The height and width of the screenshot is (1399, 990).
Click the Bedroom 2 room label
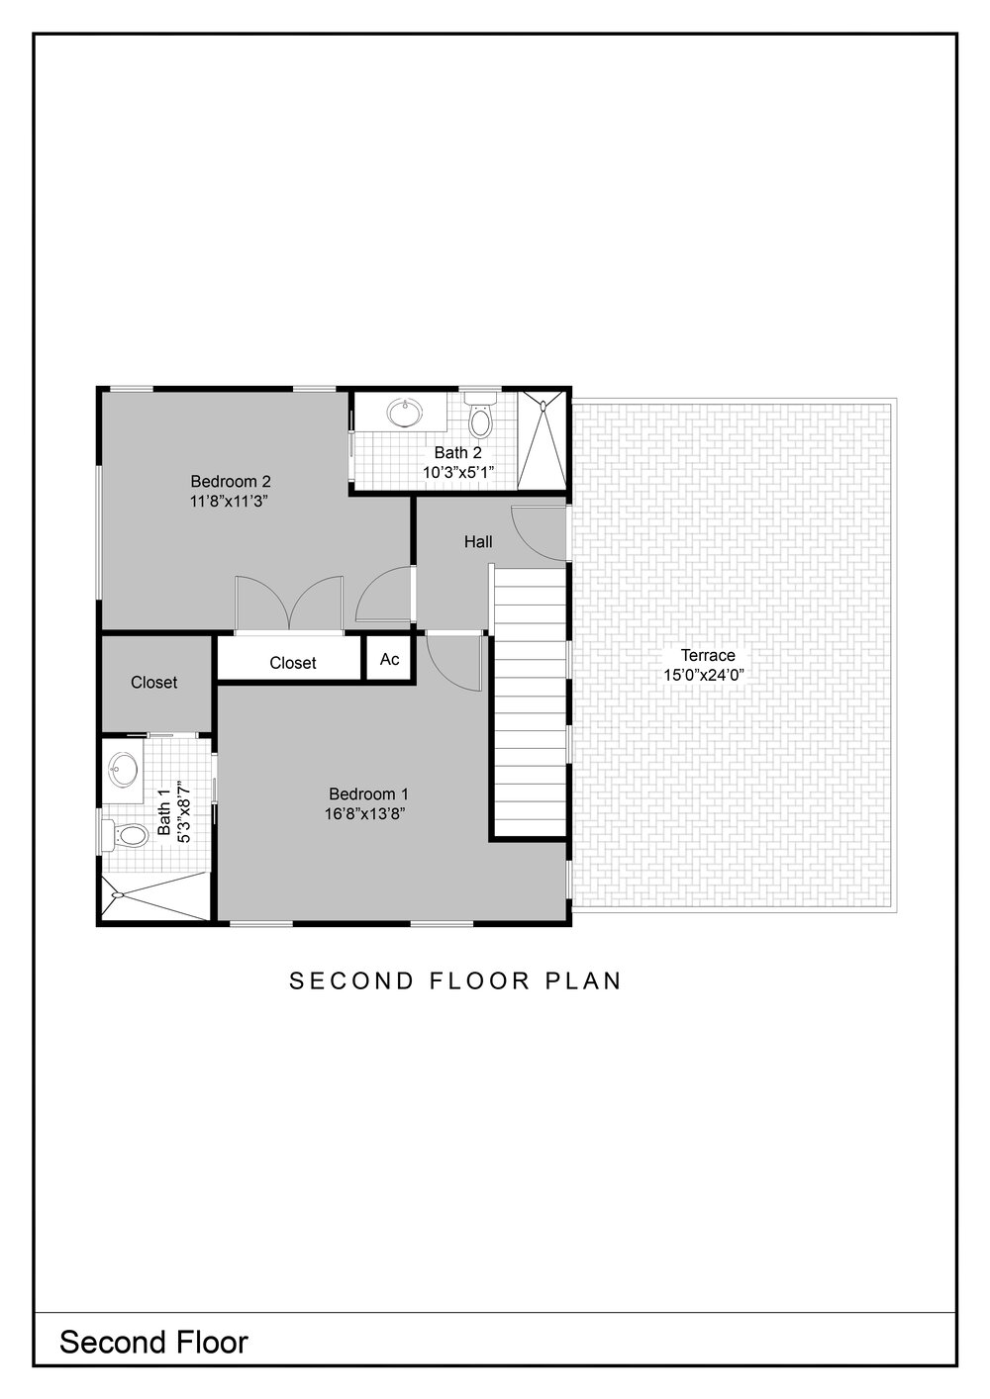pos(231,482)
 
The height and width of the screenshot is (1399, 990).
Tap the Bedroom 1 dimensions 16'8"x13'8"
pos(368,814)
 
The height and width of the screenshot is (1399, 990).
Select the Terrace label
pos(708,655)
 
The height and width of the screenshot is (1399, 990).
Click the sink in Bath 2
pos(404,413)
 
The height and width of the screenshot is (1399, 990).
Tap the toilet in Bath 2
pos(480,415)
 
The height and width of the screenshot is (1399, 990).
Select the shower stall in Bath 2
pos(542,438)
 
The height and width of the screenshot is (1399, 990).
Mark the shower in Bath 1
pos(155,896)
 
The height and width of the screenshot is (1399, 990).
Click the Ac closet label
pos(389,659)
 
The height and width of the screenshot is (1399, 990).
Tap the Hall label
pos(478,541)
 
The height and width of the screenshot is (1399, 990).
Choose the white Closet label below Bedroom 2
pos(292,663)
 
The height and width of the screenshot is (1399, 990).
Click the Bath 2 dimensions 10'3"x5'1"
pos(458,472)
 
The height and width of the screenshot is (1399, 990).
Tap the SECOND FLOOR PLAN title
pos(455,980)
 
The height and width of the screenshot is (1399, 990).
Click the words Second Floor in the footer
pos(153,1342)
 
